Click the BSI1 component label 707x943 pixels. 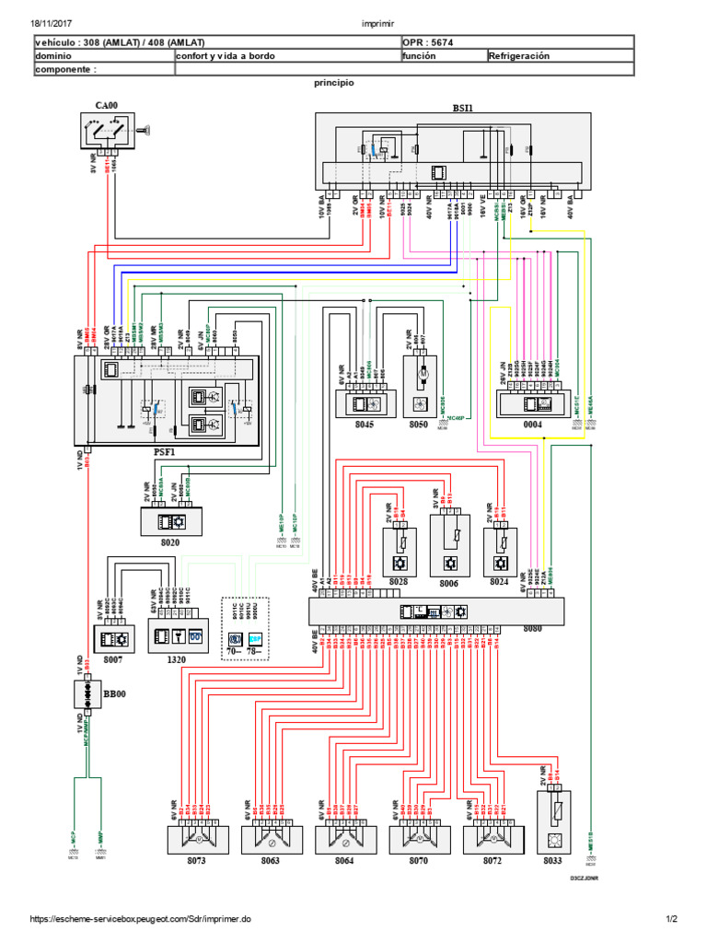[x=461, y=107]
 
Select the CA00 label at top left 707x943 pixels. [x=107, y=105]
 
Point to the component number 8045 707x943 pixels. [x=363, y=426]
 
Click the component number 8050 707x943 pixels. [x=420, y=426]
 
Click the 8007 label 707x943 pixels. [x=111, y=660]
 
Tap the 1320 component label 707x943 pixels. [x=176, y=660]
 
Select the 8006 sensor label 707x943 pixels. [x=448, y=583]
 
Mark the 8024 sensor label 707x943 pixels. [x=498, y=583]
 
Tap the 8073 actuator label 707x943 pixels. [x=194, y=860]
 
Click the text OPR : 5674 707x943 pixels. [x=427, y=42]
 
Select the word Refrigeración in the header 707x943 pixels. [x=519, y=55]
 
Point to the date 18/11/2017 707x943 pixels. [x=52, y=24]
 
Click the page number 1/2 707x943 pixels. [x=671, y=919]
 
